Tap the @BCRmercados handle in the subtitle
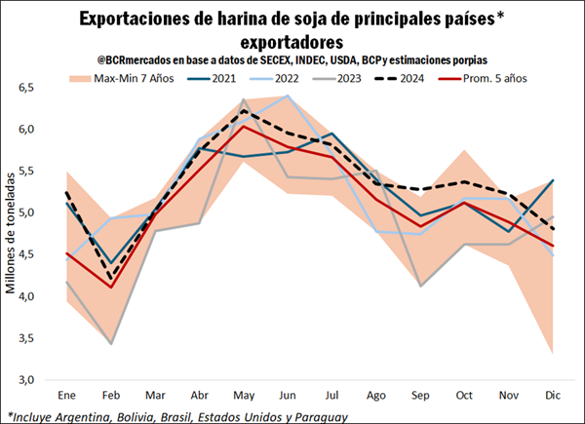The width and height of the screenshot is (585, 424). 132,59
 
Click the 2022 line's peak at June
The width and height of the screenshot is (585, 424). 288,96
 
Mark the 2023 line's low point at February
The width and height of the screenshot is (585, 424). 111,343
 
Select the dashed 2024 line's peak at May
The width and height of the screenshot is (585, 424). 244,110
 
